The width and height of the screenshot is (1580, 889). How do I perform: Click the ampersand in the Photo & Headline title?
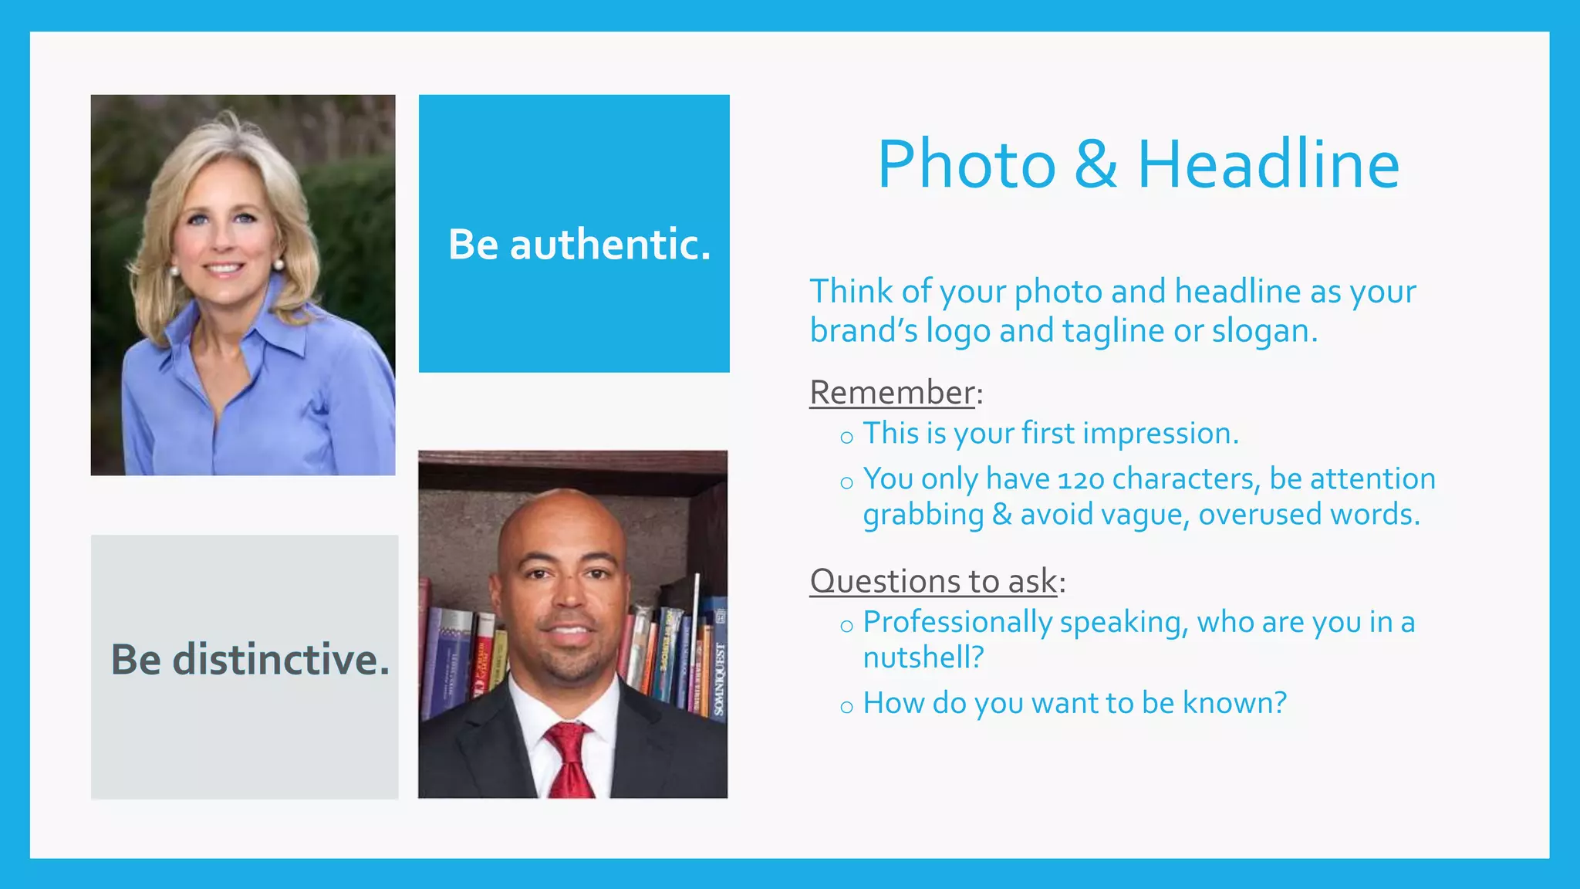click(1096, 164)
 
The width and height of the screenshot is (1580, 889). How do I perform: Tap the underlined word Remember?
click(892, 393)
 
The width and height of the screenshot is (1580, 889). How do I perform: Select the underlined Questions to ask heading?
click(933, 581)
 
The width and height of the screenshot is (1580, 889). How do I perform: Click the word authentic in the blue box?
click(609, 245)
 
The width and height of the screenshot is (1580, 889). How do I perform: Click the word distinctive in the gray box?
click(281, 660)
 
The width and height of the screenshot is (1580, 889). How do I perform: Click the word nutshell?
click(923, 658)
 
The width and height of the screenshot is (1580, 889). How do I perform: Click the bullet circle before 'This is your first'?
click(846, 438)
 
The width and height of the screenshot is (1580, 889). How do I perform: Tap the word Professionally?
click(957, 623)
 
